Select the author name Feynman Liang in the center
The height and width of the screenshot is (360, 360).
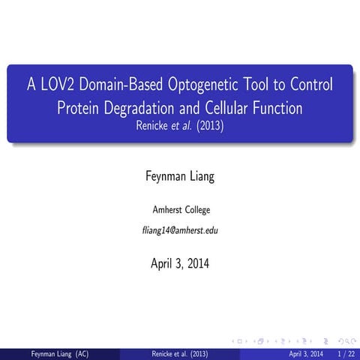180,177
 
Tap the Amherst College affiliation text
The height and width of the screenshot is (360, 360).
180,209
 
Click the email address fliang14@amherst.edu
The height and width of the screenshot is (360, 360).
180,229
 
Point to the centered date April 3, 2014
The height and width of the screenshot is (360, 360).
180,264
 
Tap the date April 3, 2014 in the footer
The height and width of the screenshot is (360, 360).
306,353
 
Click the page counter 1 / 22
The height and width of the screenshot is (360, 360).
346,353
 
